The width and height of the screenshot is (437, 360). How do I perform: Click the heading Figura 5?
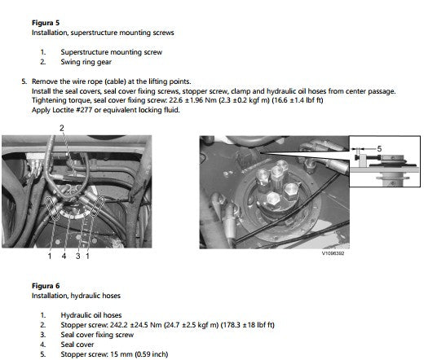click(46, 23)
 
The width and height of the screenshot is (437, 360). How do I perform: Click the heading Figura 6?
click(46, 286)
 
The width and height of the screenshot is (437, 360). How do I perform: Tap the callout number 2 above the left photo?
click(62, 128)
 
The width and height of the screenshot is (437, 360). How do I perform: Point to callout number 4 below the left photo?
click(64, 256)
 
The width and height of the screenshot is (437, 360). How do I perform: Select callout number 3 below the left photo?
click(78, 256)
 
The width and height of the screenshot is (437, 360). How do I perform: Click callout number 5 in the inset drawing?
click(379, 149)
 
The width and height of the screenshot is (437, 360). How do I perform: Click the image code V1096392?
click(333, 253)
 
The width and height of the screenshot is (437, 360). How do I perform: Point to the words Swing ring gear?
click(86, 62)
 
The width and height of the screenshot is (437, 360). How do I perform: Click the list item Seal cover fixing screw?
click(97, 335)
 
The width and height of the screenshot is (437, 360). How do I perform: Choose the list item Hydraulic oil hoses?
click(91, 315)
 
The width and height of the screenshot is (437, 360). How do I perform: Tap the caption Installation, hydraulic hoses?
click(76, 296)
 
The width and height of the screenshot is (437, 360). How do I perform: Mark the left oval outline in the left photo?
click(52, 209)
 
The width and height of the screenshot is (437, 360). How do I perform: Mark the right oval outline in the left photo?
click(97, 206)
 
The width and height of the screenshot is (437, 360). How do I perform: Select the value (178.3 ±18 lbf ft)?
click(248, 325)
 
